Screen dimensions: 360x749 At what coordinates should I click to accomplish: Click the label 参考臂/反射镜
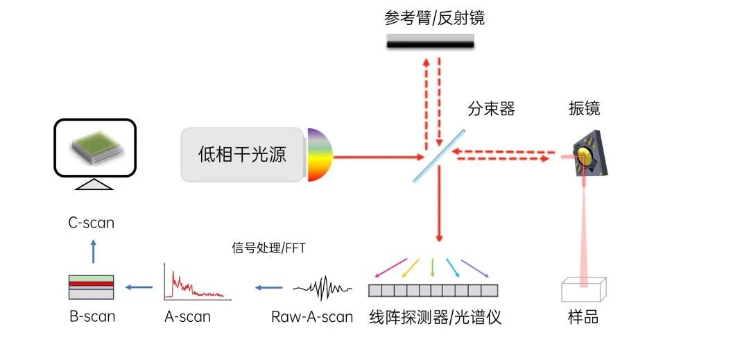(x=435, y=18)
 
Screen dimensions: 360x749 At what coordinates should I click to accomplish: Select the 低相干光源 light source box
(x=243, y=155)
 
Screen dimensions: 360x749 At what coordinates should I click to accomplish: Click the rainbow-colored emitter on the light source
(x=320, y=155)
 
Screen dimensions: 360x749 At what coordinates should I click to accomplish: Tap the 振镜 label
(x=584, y=108)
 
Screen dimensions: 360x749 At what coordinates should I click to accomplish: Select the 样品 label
(x=583, y=318)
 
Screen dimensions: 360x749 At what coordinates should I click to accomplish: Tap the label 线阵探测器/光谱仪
(x=436, y=318)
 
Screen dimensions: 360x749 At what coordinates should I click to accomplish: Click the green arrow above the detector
(x=433, y=266)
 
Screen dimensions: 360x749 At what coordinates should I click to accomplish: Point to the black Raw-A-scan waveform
(x=322, y=286)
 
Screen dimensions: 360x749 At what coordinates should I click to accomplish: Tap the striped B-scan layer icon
(x=92, y=286)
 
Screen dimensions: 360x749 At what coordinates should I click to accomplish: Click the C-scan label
(x=91, y=223)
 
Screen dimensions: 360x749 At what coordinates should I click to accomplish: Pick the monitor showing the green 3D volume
(x=94, y=148)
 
